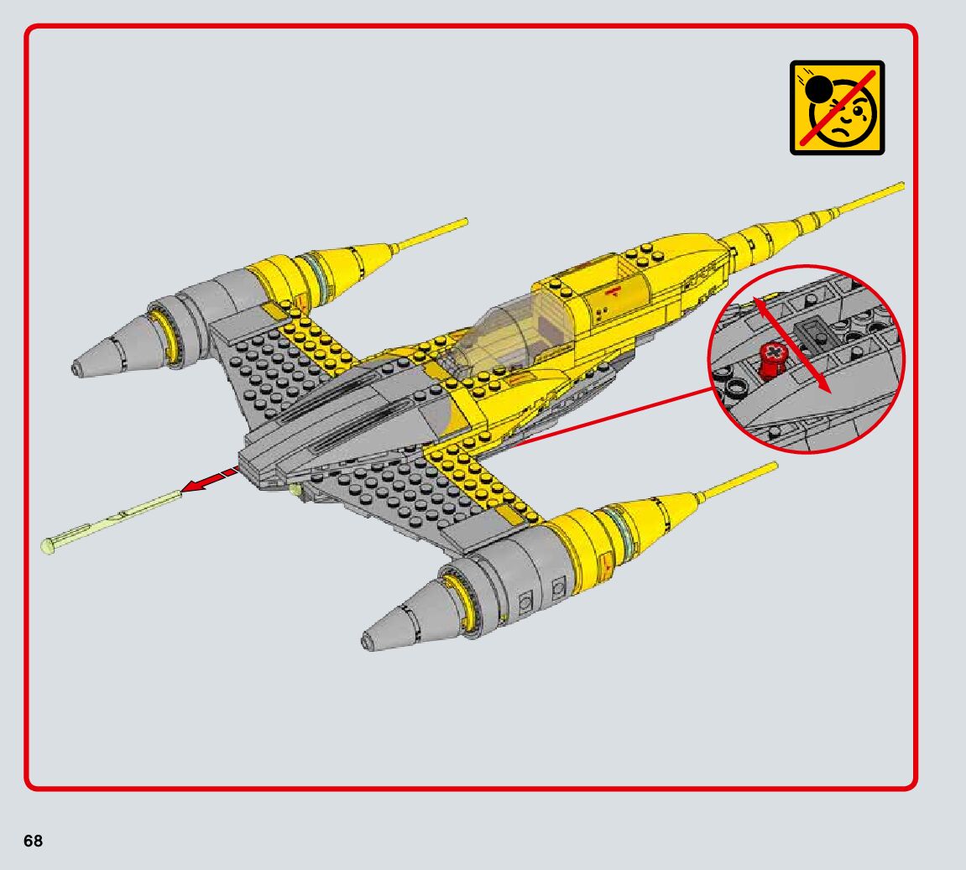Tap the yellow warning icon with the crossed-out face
coord(837,107)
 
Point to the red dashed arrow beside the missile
coord(209,480)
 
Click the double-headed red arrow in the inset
coord(789,344)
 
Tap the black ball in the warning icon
coord(818,87)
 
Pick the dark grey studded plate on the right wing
coord(394,495)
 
